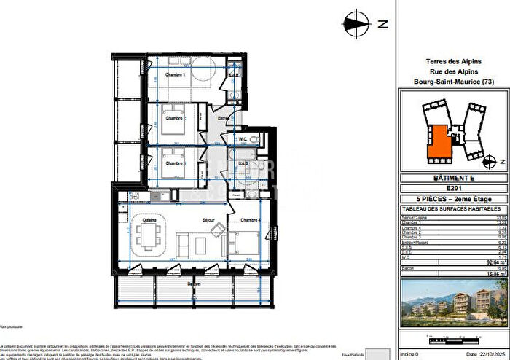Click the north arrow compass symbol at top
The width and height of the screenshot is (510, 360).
(356, 23)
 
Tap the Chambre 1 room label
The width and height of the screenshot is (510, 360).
(174, 75)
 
